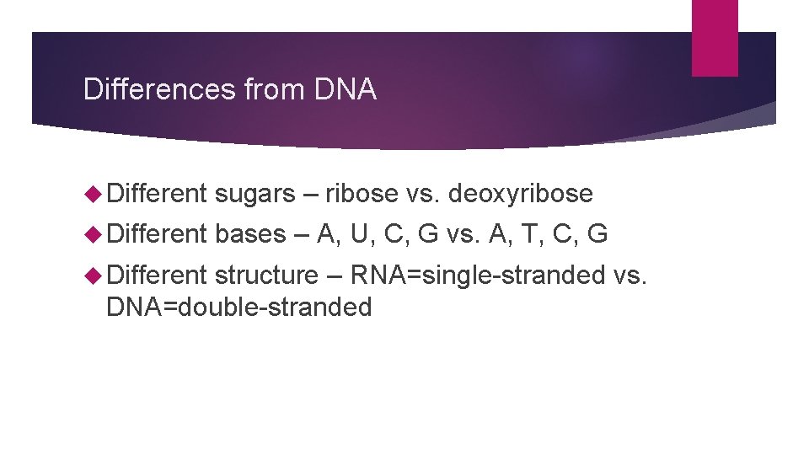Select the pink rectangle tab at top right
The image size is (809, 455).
pyautogui.click(x=715, y=38)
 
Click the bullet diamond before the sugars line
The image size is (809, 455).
pyautogui.click(x=93, y=195)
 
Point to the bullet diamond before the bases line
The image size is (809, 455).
pyautogui.click(x=93, y=233)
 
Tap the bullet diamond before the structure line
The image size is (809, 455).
pyautogui.click(x=93, y=275)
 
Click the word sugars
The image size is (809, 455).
pyautogui.click(x=254, y=195)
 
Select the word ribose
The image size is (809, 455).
pyautogui.click(x=362, y=195)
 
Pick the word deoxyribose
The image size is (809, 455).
pyautogui.click(x=520, y=195)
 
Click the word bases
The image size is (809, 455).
pyautogui.click(x=250, y=233)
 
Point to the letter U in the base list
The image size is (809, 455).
pyautogui.click(x=359, y=233)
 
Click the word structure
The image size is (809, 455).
pyautogui.click(x=266, y=275)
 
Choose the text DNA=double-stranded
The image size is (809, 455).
pyautogui.click(x=238, y=308)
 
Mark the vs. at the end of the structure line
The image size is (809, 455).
pyautogui.click(x=630, y=275)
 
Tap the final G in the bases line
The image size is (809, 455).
pyautogui.click(x=597, y=233)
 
